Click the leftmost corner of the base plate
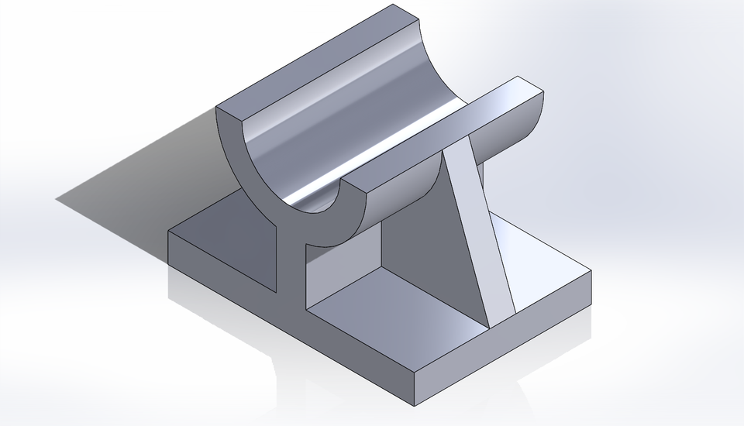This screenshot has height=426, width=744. point(169,231)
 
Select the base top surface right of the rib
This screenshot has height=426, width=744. point(542,263)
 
